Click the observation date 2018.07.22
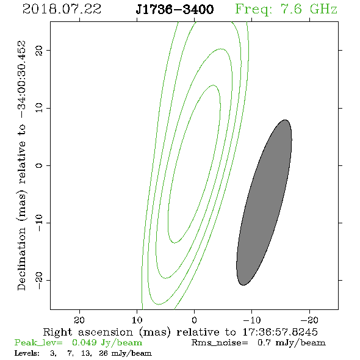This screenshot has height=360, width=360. coord(62,9)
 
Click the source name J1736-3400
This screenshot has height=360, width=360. coord(175,9)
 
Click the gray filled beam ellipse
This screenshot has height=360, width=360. coord(264,203)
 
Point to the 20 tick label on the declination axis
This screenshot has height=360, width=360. coord(39,50)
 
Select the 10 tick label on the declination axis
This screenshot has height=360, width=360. coord(39,107)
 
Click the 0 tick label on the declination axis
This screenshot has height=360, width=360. coord(39,165)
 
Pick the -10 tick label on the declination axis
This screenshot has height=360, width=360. coord(39,223)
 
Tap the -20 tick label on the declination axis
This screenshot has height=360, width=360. coord(39,280)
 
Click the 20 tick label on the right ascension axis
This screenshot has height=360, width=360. coord(79,320)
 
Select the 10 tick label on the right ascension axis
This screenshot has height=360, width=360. coord(137,320)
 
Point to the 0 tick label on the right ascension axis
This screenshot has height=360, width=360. coord(194,320)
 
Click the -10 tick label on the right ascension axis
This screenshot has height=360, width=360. coord(252,320)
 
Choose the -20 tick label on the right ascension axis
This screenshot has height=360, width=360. coord(309,320)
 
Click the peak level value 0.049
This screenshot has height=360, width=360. coord(84,342)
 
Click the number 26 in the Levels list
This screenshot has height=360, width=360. coord(103,353)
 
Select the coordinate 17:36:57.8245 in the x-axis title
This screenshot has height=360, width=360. coord(280,332)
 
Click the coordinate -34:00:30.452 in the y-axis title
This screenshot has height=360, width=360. coord(22,80)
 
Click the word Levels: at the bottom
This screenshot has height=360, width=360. coord(27,353)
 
